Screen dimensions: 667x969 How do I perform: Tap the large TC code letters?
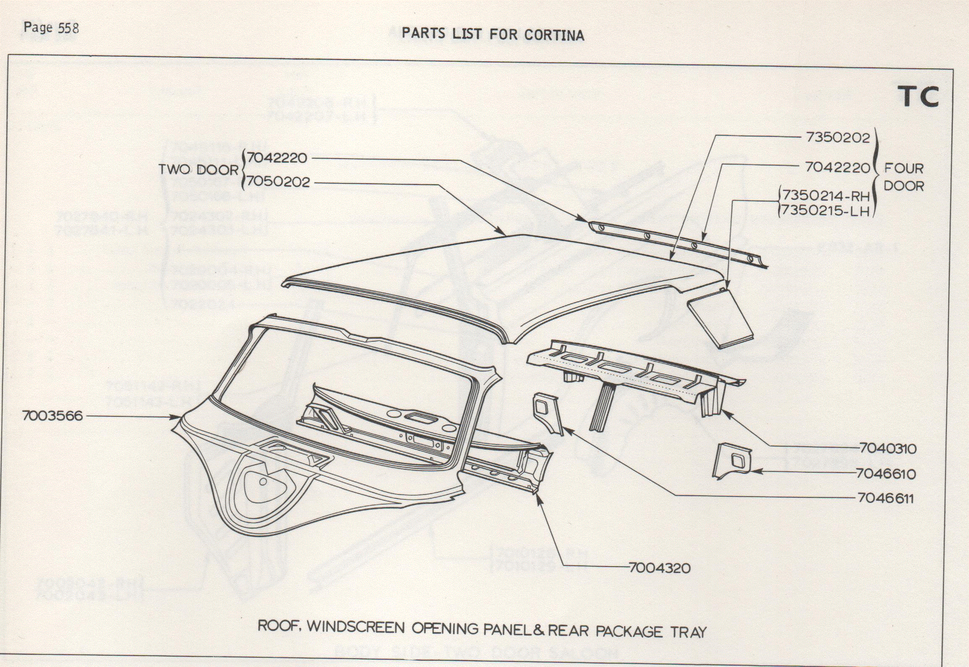(x=917, y=97)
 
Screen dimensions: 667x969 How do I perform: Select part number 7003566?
(x=53, y=416)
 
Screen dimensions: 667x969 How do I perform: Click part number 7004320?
(x=660, y=568)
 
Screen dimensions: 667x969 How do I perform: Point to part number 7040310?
(x=887, y=448)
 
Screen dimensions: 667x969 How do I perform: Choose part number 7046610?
(x=885, y=473)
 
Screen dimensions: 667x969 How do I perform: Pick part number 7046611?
(x=885, y=498)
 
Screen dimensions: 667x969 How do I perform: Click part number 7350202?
(x=838, y=138)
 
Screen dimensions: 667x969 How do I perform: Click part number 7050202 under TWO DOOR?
(x=278, y=182)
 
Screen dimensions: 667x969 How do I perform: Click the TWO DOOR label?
(x=198, y=170)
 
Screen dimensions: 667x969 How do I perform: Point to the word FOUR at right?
(x=904, y=168)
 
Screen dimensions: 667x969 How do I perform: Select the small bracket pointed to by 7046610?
(x=732, y=461)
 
